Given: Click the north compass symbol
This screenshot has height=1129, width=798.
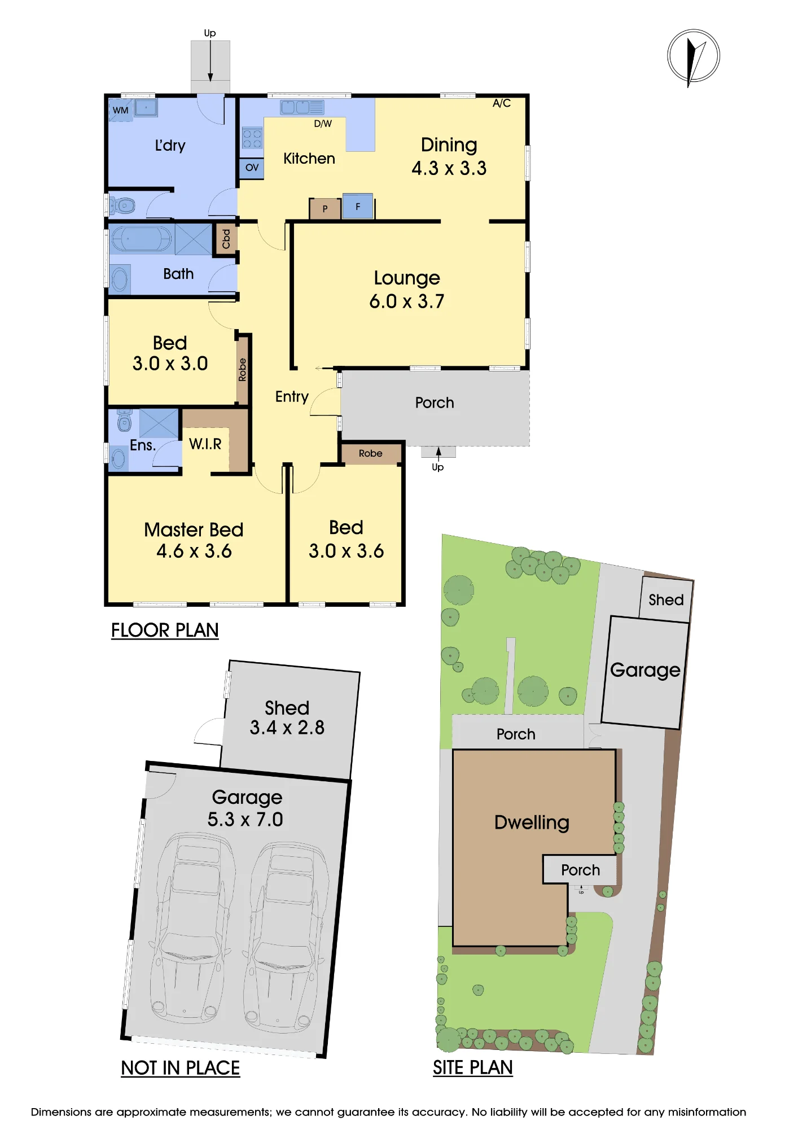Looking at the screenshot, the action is (x=694, y=56).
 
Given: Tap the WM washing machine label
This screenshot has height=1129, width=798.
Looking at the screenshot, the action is (x=120, y=111).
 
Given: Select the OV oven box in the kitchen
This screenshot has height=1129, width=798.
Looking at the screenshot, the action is (x=252, y=168).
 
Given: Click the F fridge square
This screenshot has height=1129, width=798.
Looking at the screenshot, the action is (x=357, y=207).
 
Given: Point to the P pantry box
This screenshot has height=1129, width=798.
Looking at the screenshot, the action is (x=325, y=209).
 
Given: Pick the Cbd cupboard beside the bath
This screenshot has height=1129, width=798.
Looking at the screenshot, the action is (x=225, y=239).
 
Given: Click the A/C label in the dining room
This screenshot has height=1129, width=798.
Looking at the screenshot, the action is (x=502, y=103).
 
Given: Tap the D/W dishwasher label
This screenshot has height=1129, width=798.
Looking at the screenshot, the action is (x=323, y=124).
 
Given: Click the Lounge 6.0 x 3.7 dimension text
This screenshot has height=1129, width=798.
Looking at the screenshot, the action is (x=406, y=301).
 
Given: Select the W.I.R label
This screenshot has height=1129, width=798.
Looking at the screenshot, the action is (x=205, y=444).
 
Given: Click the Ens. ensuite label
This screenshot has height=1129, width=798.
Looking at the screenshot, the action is (x=143, y=445).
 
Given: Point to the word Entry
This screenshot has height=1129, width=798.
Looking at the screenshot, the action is (x=292, y=397).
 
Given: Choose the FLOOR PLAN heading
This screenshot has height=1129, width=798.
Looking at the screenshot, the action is (x=165, y=630).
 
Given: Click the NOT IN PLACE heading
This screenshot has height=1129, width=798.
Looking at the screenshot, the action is (x=181, y=1068).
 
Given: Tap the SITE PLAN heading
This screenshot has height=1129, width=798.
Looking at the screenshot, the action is (x=473, y=1067).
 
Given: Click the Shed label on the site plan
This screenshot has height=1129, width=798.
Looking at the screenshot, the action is (x=666, y=599).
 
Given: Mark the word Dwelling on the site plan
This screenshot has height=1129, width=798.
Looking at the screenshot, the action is (x=532, y=822).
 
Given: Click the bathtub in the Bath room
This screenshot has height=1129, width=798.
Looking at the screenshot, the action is (x=142, y=239).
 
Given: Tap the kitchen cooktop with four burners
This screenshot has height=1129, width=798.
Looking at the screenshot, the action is (x=252, y=138).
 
